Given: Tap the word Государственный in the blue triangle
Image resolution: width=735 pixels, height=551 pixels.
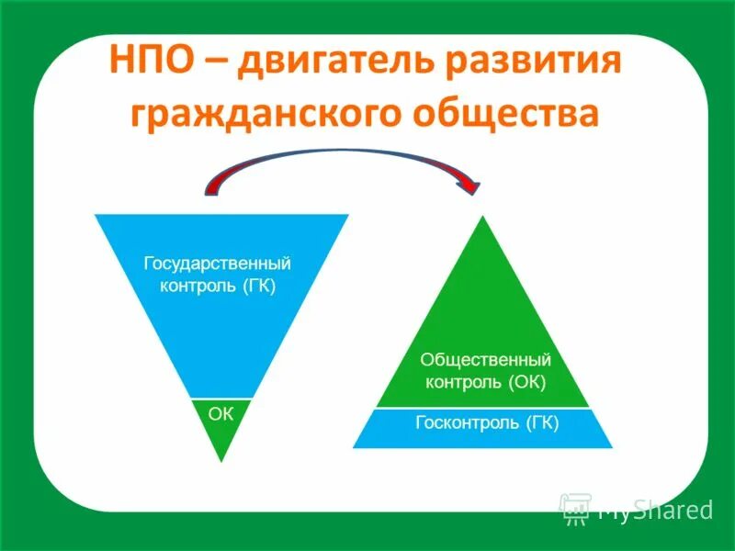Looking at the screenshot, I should pos(218,264).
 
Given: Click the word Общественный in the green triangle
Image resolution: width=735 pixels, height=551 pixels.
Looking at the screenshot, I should pos(485,359).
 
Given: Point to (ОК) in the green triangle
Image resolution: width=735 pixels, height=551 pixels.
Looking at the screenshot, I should pos(526,381).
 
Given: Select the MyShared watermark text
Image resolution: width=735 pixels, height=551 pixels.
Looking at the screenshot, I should pos(655,510).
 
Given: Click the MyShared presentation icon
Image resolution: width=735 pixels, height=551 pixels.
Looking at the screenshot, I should pos(575,508).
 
